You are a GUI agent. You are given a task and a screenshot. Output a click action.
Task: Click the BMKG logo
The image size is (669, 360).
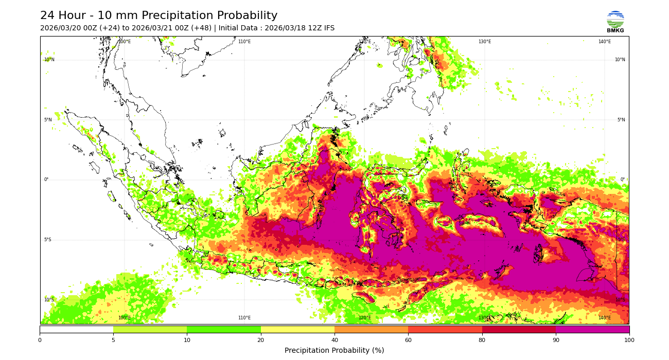[615, 22]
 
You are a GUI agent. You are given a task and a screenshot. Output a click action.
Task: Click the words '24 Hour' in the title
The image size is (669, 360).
[63, 16]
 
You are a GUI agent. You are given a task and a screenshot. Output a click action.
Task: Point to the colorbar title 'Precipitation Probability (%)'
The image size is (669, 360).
[334, 351]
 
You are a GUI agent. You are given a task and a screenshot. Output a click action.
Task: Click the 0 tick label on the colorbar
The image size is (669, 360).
[40, 340]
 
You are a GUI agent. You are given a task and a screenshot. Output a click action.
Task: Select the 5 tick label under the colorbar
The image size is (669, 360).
[113, 340]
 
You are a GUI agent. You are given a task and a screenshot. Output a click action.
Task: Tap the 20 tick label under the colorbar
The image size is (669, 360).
[261, 340]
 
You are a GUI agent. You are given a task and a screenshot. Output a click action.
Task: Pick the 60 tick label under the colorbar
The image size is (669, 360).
[408, 340]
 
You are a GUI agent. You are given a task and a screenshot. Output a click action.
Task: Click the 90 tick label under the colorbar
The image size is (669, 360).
[556, 340]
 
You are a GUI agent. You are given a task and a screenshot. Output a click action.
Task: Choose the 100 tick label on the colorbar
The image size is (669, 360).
[629, 340]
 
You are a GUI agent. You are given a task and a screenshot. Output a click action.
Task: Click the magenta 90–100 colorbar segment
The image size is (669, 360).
[592, 329]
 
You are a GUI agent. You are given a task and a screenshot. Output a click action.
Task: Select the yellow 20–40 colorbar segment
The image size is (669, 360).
[297, 329]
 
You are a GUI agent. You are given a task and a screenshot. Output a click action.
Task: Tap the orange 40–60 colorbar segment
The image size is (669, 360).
[371, 329]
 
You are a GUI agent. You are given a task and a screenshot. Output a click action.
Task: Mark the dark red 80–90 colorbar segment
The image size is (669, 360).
[519, 329]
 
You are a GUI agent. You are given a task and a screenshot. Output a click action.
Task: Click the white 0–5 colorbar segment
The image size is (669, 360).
[76, 329]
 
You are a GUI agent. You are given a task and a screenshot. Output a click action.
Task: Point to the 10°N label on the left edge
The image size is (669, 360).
[49, 60]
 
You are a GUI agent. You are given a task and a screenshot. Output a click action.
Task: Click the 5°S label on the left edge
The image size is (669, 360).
[47, 240]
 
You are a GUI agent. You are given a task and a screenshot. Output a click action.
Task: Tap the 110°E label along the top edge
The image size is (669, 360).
[244, 42]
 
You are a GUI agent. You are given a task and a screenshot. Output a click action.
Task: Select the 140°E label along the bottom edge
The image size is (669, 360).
[604, 318]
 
